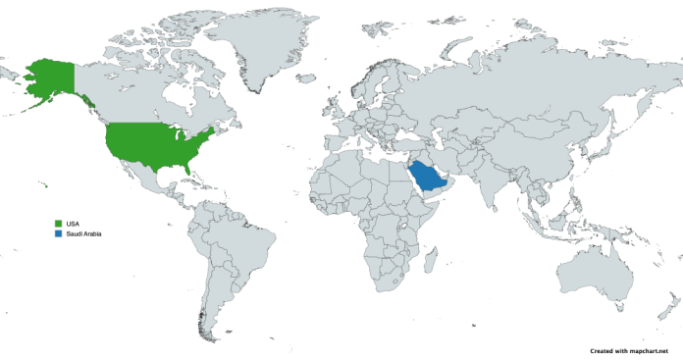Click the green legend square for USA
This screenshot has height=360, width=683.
click(59, 225)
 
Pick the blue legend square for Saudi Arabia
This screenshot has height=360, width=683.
click(59, 234)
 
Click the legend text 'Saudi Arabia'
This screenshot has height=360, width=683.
click(83, 234)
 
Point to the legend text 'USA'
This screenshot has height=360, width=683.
click(73, 225)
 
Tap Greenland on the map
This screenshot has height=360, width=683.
click(260, 44)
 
